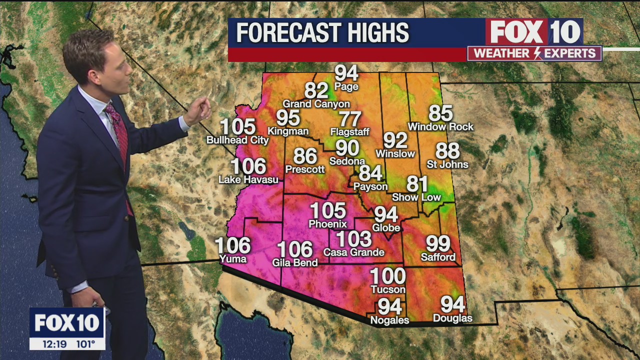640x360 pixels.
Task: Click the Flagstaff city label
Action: [350, 132]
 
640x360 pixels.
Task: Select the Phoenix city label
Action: [328, 224]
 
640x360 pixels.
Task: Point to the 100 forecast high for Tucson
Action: [387, 276]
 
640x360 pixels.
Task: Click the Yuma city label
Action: [233, 259]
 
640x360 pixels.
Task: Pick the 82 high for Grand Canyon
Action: [316, 90]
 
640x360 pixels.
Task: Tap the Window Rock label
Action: [440, 127]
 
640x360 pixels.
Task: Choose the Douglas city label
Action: [452, 318]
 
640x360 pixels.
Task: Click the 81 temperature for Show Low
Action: [417, 184]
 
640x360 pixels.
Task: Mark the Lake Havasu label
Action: [248, 179]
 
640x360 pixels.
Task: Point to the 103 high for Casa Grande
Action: [353, 239]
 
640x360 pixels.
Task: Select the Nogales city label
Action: [389, 320]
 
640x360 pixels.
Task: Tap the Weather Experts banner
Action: [534, 53]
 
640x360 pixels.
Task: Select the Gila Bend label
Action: [295, 262]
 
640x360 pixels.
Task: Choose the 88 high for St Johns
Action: [447, 151]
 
